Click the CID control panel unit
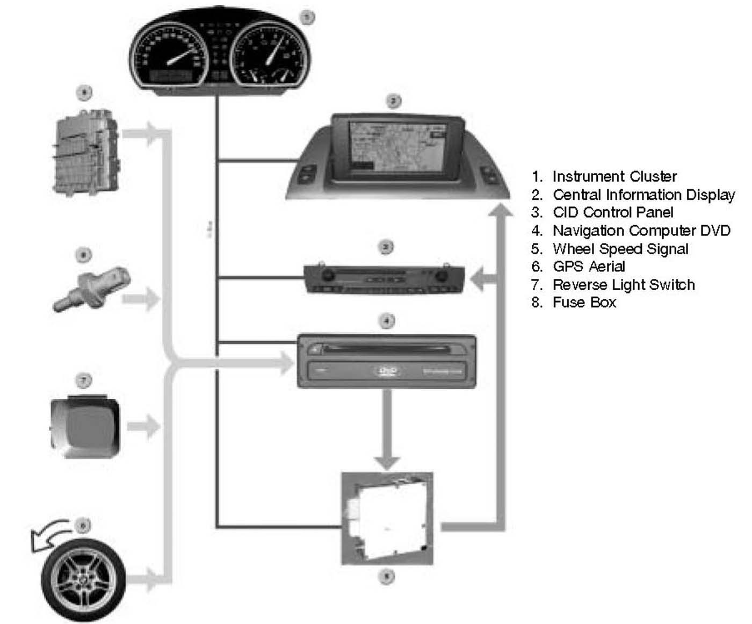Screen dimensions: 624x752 coord(384,278)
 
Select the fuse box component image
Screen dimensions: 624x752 coord(86,153)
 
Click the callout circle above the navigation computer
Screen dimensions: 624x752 coord(387,321)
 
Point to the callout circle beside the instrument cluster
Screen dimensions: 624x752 coord(307,17)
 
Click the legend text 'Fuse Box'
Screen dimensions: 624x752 coord(584,302)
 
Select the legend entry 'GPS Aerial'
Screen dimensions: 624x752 coord(589,267)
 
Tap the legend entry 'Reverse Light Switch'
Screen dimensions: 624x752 coord(623,284)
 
